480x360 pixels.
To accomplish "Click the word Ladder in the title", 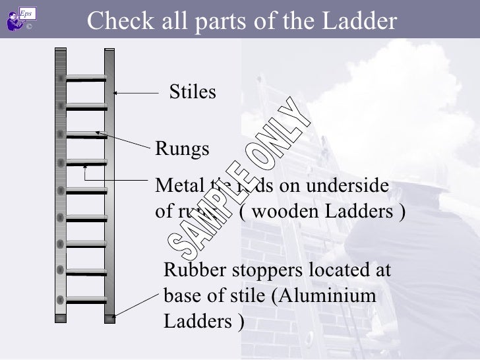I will point(360,22).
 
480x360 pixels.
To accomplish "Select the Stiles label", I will point(193,93).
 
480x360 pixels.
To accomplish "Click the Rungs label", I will point(182,150).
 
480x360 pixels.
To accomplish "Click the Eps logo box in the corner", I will point(26,13).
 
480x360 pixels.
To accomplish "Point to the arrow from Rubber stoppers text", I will point(135,299).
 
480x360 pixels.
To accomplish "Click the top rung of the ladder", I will point(86,78).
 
